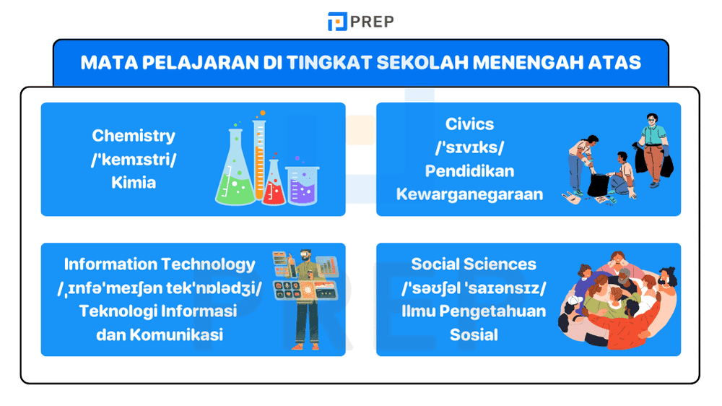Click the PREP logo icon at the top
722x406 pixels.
pyautogui.click(x=336, y=22)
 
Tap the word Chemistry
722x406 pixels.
pyautogui.click(x=134, y=135)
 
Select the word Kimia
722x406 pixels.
pyautogui.click(x=134, y=182)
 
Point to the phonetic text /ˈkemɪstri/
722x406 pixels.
pyautogui.click(x=134, y=159)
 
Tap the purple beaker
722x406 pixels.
pyautogui.click(x=302, y=185)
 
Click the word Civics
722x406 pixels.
pyautogui.click(x=469, y=124)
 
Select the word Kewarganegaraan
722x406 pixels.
pyautogui.click(x=469, y=194)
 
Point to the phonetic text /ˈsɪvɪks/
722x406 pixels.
pyautogui.click(x=469, y=147)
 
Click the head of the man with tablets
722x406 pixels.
pyautogui.click(x=306, y=258)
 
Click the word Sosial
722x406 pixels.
pyautogui.click(x=474, y=334)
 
